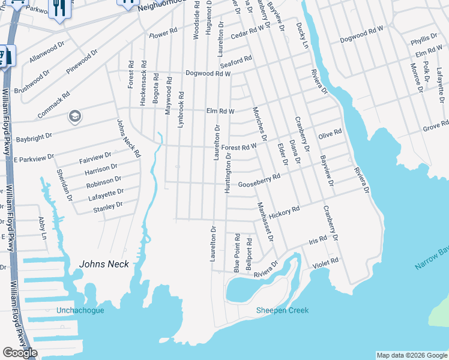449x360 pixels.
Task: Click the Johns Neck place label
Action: (104, 264)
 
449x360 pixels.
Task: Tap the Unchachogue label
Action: (80, 310)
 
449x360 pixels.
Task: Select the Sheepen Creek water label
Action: (282, 310)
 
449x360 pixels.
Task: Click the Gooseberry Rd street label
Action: (259, 181)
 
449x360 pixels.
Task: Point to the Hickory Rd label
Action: (284, 212)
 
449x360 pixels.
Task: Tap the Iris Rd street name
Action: (318, 240)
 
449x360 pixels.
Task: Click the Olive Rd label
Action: (330, 133)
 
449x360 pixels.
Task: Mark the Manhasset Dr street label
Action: (265, 221)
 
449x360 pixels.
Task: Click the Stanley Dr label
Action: (108, 206)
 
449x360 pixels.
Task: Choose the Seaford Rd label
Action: (235, 61)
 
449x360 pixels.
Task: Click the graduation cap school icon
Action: (75, 116)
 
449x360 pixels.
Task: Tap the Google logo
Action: (20, 353)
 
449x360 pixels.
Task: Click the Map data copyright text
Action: (411, 355)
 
